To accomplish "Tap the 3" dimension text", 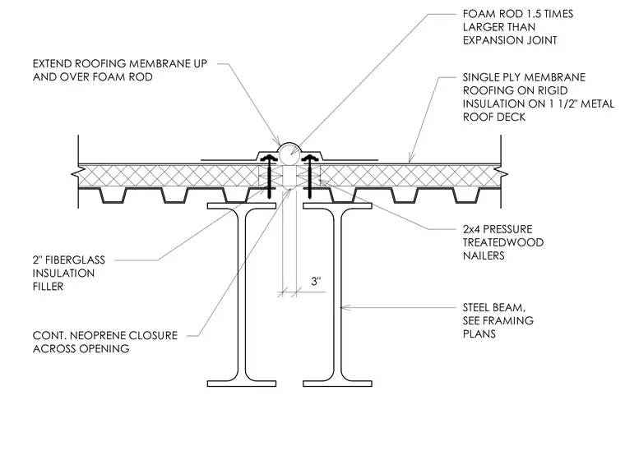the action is click(316, 282).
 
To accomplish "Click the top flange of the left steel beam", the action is click(242, 206).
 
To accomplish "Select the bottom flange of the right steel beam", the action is click(337, 384).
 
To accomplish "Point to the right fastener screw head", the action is click(309, 158).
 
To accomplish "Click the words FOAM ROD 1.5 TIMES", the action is click(518, 14).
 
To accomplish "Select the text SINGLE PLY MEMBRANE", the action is click(524, 77).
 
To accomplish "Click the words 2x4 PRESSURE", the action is click(498, 229).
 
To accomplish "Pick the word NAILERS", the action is click(484, 255).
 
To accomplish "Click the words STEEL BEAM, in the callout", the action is click(494, 308).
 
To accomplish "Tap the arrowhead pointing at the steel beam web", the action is click(345, 307).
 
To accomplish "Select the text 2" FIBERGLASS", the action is click(69, 260).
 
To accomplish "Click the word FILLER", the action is click(48, 287).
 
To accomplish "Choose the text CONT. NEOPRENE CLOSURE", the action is click(104, 336).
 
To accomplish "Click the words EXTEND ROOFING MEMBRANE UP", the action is click(120, 64).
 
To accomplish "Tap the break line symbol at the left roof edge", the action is click(75, 174).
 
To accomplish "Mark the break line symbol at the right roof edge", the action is click(504, 174).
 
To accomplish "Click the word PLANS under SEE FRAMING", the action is click(479, 334).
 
